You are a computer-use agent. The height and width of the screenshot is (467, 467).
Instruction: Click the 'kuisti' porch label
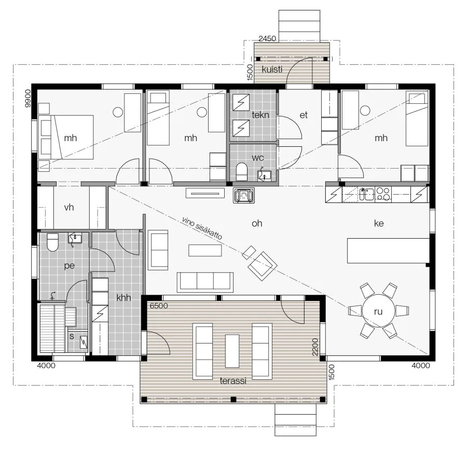[272, 70]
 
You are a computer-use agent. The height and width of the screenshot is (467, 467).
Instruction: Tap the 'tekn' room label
[260, 115]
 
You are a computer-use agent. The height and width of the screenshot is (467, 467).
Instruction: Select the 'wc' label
[257, 158]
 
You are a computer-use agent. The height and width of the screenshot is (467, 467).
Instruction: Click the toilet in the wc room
[241, 172]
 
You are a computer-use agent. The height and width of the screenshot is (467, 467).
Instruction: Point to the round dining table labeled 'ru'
[378, 311]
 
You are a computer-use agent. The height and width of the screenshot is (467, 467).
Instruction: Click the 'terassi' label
[233, 381]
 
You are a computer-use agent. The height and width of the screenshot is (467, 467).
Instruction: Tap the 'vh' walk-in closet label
[69, 207]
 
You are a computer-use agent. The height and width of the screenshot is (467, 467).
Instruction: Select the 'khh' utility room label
[123, 297]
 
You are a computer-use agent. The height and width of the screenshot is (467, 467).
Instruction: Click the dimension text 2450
[267, 38]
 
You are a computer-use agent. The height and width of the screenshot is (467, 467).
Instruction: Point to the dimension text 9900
[28, 98]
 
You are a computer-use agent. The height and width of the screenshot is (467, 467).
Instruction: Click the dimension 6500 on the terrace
[159, 306]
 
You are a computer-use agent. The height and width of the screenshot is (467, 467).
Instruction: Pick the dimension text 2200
[315, 347]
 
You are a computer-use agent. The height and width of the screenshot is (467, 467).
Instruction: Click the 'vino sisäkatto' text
[202, 228]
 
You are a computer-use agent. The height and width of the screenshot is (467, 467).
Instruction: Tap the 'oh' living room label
[257, 223]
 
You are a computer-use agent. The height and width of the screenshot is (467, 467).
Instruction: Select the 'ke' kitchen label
[379, 223]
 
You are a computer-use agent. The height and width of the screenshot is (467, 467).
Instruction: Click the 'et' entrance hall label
[304, 115]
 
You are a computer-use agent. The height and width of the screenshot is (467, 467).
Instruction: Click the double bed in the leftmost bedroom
[66, 138]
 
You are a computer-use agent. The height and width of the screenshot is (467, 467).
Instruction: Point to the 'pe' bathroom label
[70, 265]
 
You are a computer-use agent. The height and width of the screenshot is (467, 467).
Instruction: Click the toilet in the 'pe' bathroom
[53, 242]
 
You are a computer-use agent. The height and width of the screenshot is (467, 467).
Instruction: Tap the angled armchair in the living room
[263, 266]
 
